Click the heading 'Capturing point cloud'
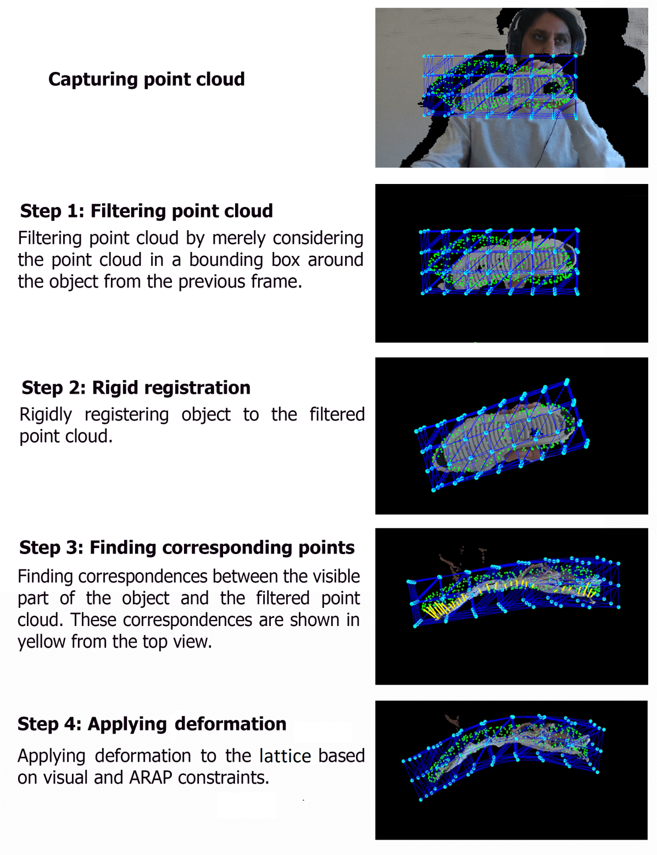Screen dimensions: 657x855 146,80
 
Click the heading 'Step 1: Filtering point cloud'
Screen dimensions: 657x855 146,211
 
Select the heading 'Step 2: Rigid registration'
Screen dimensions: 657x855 136,388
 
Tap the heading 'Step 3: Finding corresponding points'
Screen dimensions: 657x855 187,547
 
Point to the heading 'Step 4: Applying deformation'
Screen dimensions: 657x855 152,724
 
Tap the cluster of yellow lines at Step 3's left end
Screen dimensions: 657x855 439,611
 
